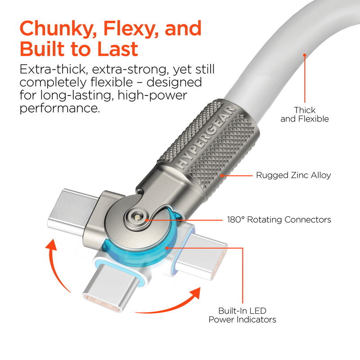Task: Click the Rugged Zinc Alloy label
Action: pyautogui.click(x=293, y=175)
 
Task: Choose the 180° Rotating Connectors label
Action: pyautogui.click(x=279, y=220)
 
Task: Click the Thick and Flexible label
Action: pyautogui.click(x=305, y=114)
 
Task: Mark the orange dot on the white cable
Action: pyautogui.click(x=305, y=55)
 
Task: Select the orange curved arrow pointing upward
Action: pyautogui.click(x=58, y=265)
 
